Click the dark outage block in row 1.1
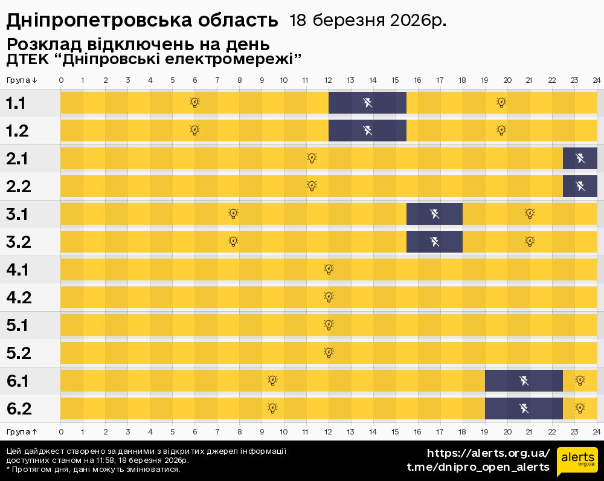367,103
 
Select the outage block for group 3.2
434,242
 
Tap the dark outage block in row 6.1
524,381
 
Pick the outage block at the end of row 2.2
580,186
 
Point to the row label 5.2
19,353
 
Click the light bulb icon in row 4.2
329,297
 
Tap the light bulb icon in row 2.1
312,158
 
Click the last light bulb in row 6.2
580,408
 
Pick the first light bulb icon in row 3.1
234,214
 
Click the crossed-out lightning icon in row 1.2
367,131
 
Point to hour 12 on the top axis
329,80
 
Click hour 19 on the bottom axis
485,431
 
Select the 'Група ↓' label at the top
22,80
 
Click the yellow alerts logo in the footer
577,462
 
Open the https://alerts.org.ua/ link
488,453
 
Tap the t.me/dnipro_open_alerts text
478,467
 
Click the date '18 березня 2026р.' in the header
368,21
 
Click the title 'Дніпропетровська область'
142,21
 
